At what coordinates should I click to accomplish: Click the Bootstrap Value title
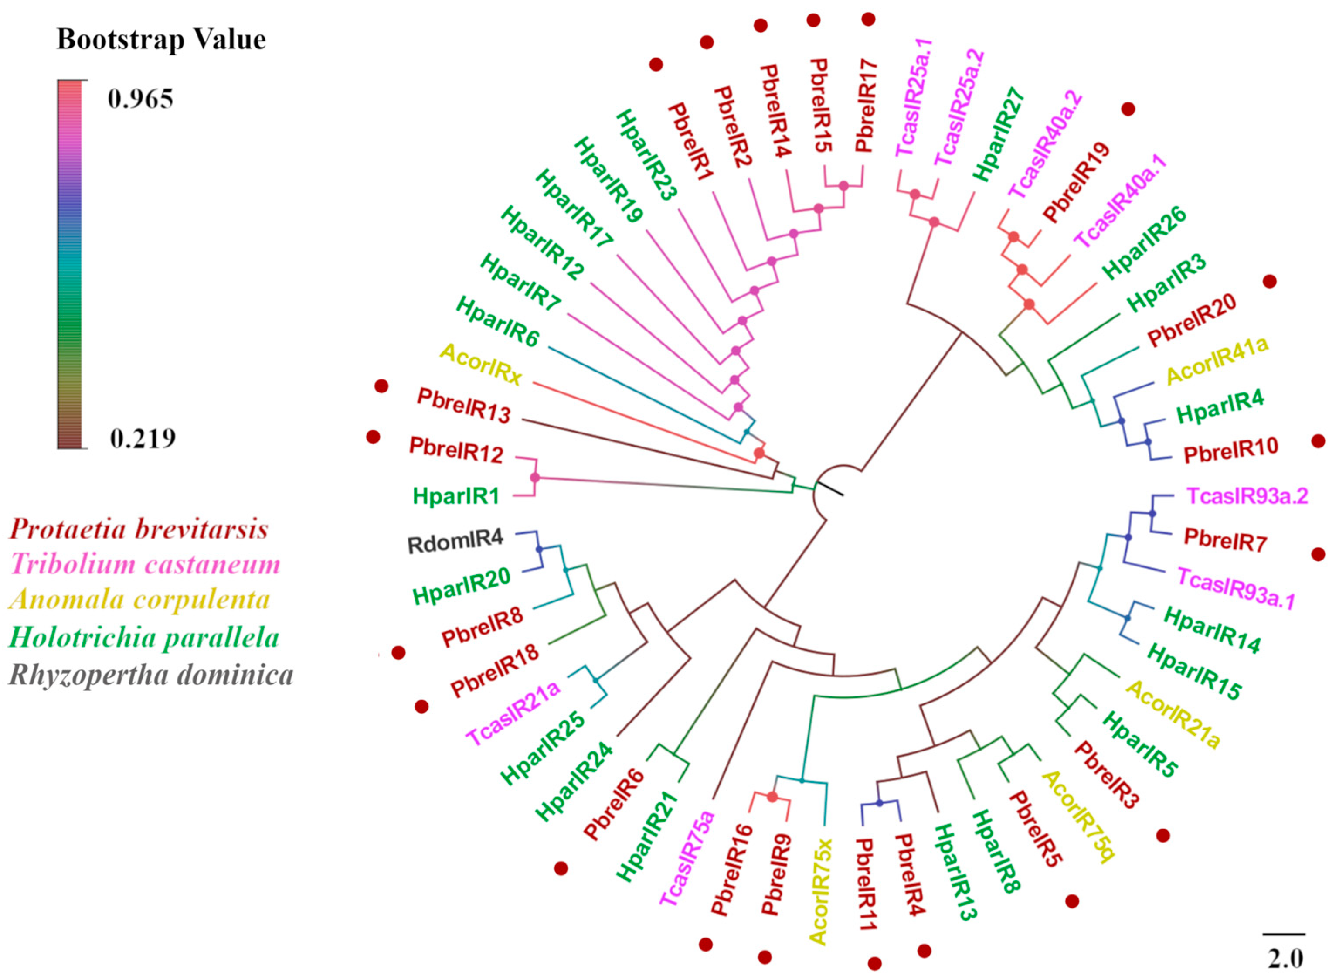pos(161,40)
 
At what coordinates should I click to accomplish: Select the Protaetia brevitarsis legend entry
pos(139,529)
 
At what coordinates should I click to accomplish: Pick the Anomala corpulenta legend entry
pos(140,600)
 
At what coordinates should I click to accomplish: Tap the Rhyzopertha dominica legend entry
pos(151,675)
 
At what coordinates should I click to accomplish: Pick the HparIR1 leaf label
pos(456,496)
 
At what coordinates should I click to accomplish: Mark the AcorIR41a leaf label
pos(1217,360)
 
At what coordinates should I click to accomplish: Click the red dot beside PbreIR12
pos(373,437)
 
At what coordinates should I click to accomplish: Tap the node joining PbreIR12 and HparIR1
pos(535,478)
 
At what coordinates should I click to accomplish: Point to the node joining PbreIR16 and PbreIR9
pos(772,797)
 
